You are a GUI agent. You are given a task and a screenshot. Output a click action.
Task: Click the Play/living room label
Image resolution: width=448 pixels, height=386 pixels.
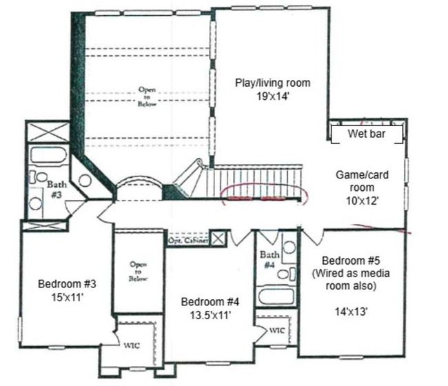(272, 83)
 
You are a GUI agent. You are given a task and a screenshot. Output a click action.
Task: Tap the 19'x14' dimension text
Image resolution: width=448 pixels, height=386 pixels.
(273, 96)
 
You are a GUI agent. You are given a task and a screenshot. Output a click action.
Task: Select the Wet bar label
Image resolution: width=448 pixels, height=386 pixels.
(367, 134)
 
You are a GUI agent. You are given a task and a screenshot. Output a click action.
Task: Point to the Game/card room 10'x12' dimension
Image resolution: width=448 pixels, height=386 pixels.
(363, 201)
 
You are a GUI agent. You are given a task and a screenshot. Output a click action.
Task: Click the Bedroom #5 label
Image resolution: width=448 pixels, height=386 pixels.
(351, 261)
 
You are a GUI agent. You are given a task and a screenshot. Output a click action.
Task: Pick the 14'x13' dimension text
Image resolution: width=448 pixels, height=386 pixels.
(351, 312)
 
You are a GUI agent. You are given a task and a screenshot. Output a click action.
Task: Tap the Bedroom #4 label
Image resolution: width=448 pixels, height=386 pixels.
(210, 302)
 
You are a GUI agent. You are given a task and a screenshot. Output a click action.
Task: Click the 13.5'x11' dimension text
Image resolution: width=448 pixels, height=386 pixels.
(210, 316)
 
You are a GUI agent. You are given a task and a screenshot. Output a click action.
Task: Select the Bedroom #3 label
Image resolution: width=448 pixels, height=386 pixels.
(67, 284)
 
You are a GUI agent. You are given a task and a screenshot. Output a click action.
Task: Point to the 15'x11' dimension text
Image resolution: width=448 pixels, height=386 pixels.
(67, 298)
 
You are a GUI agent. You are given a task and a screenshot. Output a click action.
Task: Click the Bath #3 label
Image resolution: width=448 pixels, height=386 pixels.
(57, 190)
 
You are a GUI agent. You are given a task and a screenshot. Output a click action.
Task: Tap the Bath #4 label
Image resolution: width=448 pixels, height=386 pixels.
(269, 259)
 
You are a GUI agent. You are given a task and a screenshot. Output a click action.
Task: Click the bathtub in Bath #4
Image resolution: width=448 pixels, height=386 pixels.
(276, 296)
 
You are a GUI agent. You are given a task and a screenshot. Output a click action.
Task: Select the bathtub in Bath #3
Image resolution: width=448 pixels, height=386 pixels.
(48, 155)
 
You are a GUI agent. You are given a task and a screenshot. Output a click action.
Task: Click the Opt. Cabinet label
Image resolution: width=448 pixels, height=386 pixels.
(187, 241)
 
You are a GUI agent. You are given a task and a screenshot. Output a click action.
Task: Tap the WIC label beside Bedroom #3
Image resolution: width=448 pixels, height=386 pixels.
(132, 345)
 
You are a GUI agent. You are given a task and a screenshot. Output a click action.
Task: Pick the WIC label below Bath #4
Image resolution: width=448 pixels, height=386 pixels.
(277, 331)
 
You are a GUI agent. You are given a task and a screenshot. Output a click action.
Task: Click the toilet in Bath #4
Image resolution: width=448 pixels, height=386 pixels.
(286, 274)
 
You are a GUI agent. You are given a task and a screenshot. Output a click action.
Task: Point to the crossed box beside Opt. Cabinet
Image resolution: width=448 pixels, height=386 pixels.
(218, 238)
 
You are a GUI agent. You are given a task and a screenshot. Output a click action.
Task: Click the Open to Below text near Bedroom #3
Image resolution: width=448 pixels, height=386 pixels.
(139, 272)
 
